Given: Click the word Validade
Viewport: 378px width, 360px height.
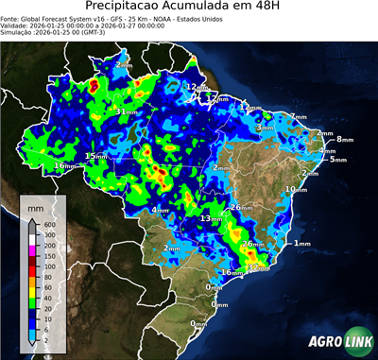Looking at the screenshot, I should coord(17,29).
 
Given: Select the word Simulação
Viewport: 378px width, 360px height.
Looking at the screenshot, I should coord(18,37).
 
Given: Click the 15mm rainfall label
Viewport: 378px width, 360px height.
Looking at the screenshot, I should coord(95,156).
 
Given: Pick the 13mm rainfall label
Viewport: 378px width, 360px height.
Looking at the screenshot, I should coord(210,218).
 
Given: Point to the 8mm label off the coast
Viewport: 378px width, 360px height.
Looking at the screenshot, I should coord(343,140).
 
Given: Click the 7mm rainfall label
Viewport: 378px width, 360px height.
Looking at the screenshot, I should coord(298,116).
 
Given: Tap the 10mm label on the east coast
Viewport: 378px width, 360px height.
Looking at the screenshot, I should coord(296,190).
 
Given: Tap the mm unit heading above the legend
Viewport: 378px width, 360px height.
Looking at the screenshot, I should coord(36,206).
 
